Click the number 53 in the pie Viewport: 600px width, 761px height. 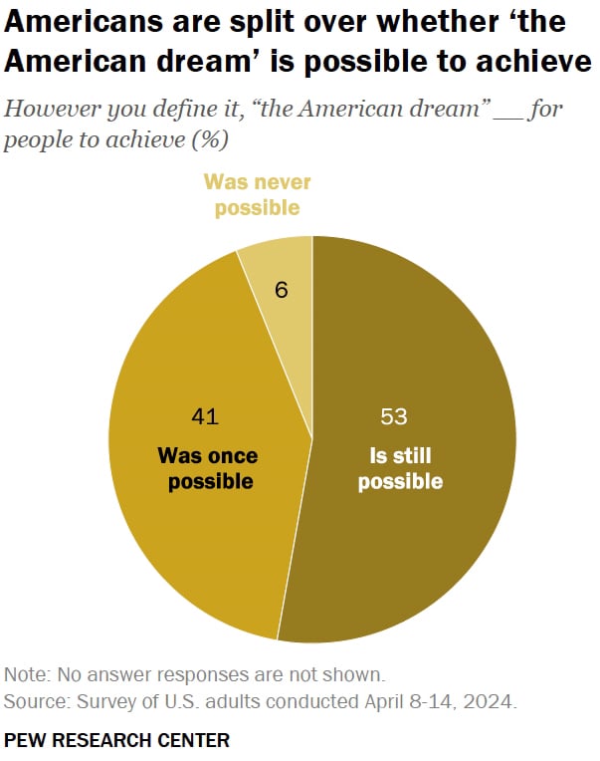click(395, 416)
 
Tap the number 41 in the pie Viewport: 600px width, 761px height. click(204, 416)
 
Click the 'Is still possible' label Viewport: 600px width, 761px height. click(400, 470)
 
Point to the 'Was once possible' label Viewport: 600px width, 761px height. click(208, 469)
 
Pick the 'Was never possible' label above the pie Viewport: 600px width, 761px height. click(257, 195)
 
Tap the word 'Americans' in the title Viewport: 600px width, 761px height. click(76, 21)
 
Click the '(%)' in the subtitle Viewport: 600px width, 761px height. click(209, 139)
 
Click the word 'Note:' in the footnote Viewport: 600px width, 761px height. click(25, 673)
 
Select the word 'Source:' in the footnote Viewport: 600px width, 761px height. click(33, 701)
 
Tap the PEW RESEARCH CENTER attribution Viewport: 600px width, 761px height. click(116, 740)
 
